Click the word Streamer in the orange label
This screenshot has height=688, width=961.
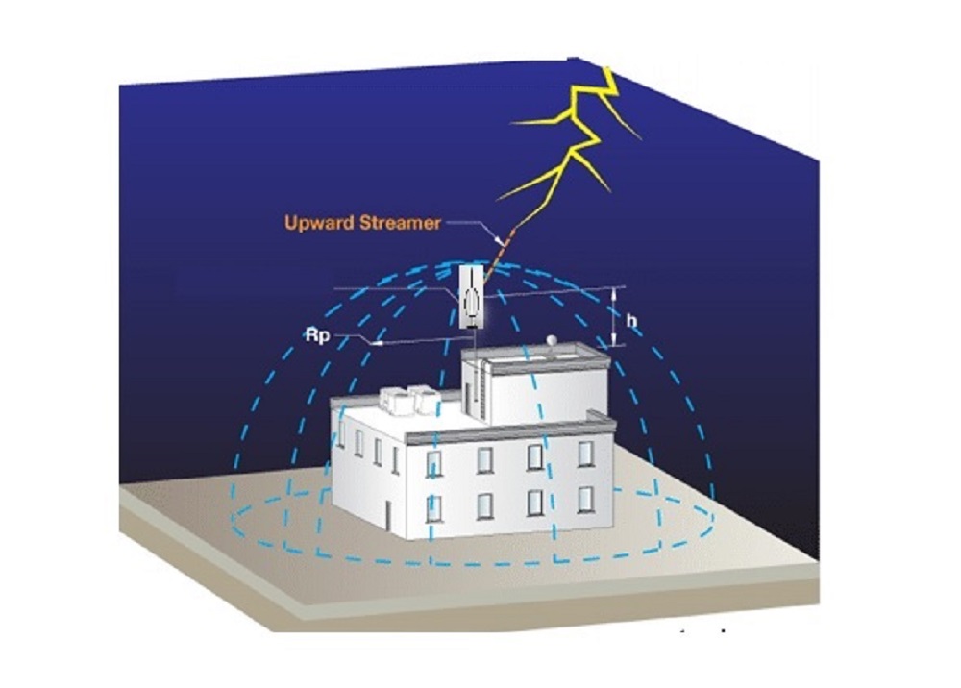click(x=400, y=221)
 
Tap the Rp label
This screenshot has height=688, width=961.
click(x=318, y=335)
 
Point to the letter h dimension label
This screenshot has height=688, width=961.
click(x=630, y=320)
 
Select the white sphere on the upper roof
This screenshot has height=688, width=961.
click(x=553, y=339)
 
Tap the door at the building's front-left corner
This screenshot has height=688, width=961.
click(x=388, y=515)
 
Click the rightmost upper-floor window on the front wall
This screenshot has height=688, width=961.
click(x=585, y=454)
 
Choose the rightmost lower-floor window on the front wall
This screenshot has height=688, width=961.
click(x=585, y=500)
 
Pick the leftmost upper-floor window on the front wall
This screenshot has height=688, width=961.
click(x=433, y=464)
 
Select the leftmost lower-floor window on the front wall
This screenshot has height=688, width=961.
click(x=433, y=508)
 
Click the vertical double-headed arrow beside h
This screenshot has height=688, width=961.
click(x=616, y=317)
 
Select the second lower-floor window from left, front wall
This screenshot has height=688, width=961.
click(x=484, y=505)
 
